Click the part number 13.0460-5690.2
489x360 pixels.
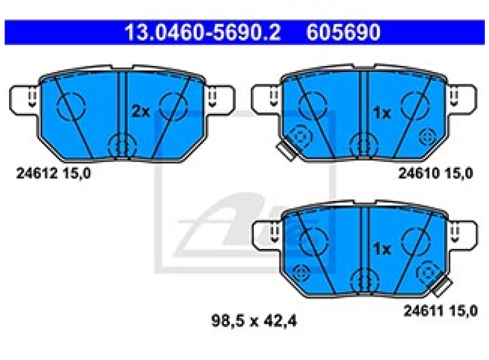point(203,32)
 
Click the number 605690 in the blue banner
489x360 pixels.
point(343,32)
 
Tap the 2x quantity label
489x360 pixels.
point(141,111)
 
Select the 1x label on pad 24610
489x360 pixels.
point(382,113)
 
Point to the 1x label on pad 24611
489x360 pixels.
point(382,249)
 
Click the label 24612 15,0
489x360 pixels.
point(54,173)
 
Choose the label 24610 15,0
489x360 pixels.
point(435,173)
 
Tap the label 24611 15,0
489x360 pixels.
point(440,311)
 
